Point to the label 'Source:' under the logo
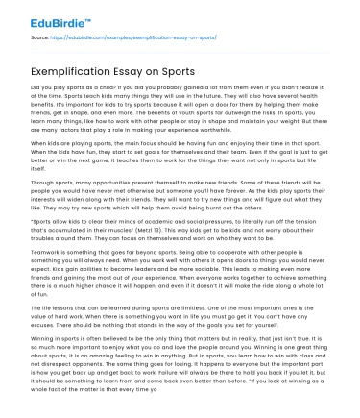coord(40,35)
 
